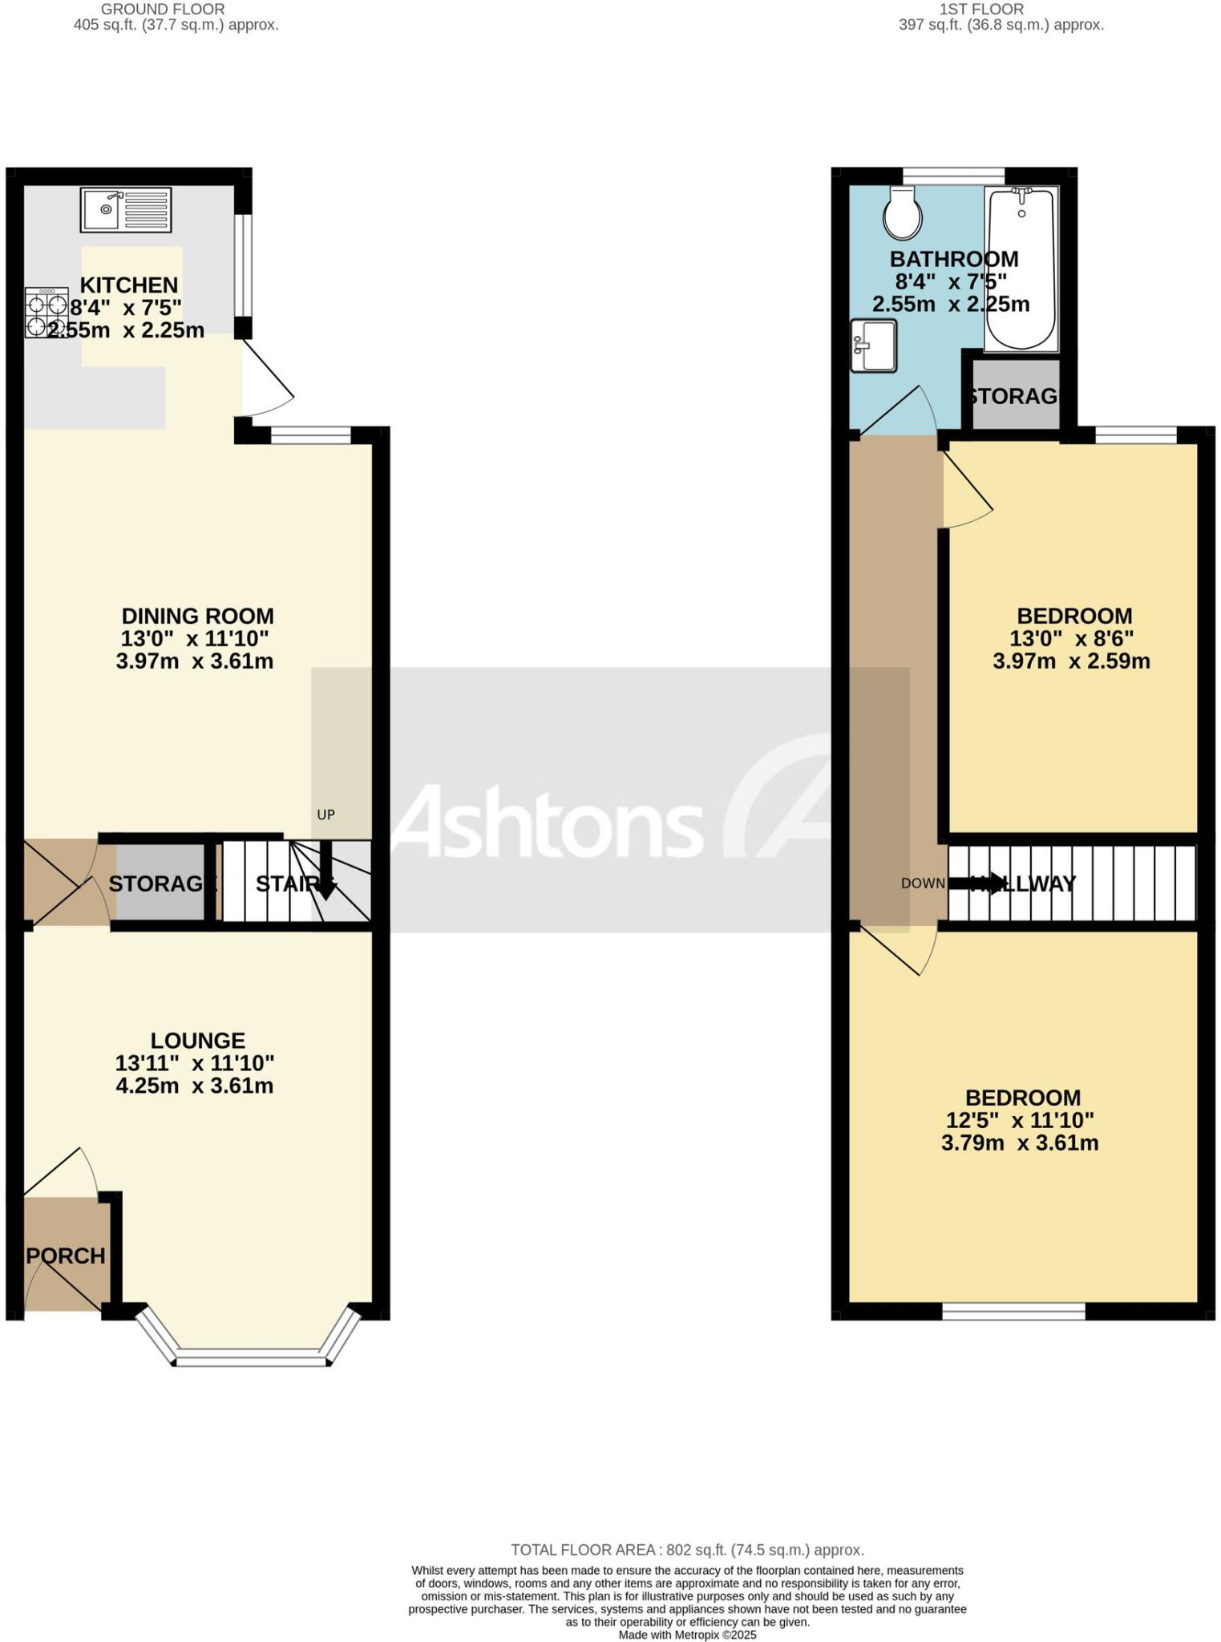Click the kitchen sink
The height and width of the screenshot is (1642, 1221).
coord(126,209)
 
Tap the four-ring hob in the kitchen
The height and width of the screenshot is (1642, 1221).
coord(46,313)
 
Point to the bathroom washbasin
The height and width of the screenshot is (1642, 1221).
coord(874,346)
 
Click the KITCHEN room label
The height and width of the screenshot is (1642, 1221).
coord(128,285)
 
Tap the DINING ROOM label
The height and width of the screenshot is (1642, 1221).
coord(197,616)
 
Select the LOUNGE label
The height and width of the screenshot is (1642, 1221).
coord(197,1040)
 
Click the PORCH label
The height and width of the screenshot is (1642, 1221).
coord(66,1256)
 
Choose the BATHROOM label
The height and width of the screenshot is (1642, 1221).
coord(954,259)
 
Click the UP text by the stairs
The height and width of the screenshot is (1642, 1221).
coord(325,815)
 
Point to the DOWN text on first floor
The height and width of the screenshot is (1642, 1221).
coord(923,884)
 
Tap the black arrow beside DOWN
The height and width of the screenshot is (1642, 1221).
coord(975,884)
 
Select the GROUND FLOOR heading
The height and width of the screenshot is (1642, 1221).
coord(163,10)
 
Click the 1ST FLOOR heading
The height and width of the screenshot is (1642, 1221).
coord(982,10)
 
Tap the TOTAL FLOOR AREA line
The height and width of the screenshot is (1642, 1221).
coord(687,1550)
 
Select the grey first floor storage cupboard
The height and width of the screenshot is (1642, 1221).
coord(1016,395)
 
